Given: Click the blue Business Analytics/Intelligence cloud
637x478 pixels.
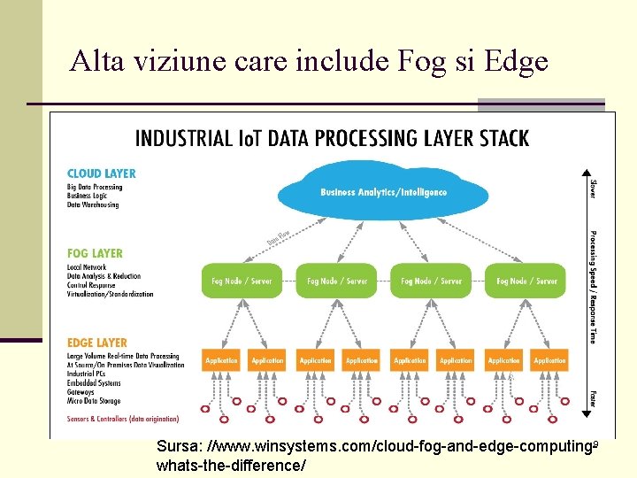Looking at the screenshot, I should [383, 192].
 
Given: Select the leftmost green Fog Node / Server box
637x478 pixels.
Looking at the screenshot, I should [242, 281].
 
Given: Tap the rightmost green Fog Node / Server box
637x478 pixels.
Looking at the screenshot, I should [526, 281].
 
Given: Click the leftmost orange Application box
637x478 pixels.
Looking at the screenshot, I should [221, 360].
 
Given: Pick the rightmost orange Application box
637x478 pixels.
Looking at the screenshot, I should [549, 360].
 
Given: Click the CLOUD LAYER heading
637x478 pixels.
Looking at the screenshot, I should [102, 173].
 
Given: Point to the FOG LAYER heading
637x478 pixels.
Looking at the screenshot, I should [95, 253].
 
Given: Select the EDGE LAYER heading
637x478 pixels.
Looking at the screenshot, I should [97, 343].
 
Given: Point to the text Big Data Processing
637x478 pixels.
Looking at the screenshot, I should [95, 187].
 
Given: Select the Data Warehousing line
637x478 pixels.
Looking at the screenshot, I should [93, 204].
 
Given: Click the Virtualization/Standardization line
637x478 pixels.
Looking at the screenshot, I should [110, 294].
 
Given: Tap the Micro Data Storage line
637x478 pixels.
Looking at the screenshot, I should [93, 401].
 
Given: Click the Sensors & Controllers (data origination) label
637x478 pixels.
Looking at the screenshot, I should [123, 419].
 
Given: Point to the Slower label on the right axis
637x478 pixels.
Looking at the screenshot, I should [593, 189].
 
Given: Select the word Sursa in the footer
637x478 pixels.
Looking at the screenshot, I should [177, 446].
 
